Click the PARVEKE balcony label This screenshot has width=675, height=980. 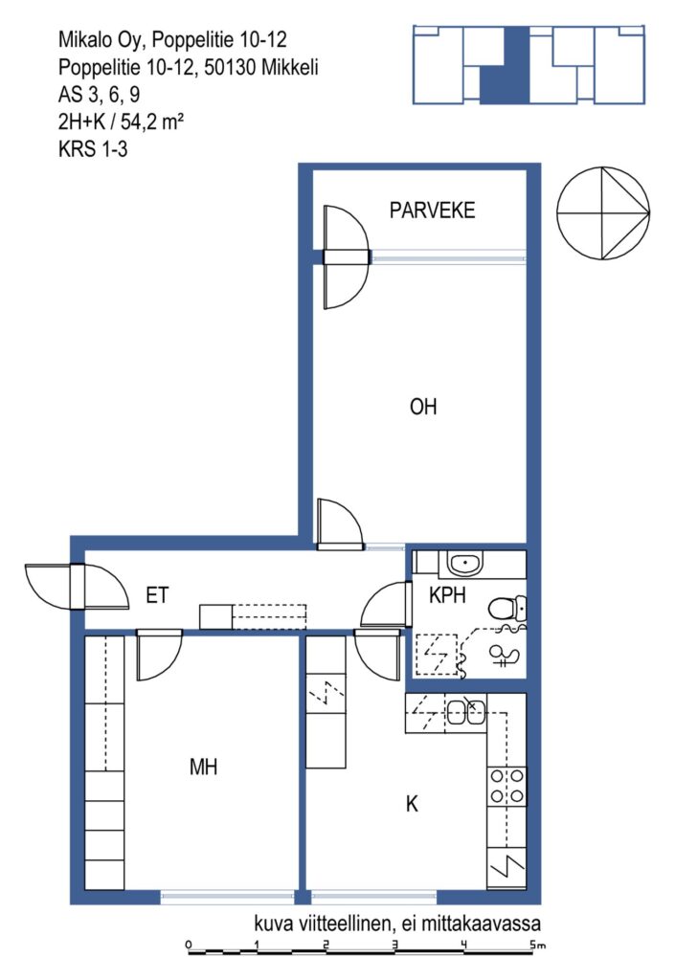click(432, 210)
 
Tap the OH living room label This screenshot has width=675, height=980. click(423, 407)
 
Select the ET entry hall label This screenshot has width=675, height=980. click(157, 595)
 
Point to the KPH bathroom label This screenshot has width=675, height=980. click(447, 595)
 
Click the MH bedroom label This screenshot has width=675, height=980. click(203, 767)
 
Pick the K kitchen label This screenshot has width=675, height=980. click(412, 804)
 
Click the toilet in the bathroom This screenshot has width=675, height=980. click(507, 608)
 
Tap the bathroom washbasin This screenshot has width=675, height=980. click(464, 565)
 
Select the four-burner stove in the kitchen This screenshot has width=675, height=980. click(506, 787)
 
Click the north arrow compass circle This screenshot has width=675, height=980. click(603, 213)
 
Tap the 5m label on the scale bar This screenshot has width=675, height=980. click(537, 945)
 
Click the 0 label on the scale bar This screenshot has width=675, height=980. click(189, 945)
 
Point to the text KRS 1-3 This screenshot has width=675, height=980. click(93, 149)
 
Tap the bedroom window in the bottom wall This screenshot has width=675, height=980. click(228, 897)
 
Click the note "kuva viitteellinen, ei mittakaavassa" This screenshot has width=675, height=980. click(397, 924)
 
